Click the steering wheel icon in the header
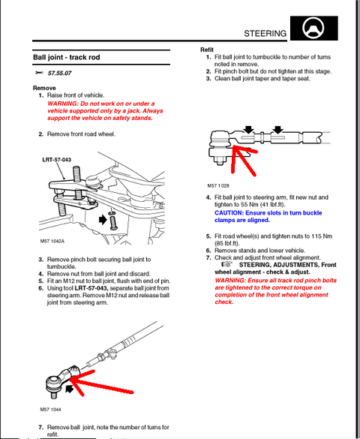point(313,28)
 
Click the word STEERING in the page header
point(265,34)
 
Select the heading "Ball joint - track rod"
point(67,57)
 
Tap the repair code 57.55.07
point(59,73)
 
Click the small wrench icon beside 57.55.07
point(39,73)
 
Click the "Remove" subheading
point(44,88)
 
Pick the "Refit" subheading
point(207,50)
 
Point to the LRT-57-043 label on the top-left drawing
point(57,160)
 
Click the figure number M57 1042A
point(52,241)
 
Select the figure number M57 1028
point(218,185)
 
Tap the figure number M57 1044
point(50,410)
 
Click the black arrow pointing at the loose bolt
point(103,219)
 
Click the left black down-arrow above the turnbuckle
point(249,129)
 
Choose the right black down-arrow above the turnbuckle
point(277,129)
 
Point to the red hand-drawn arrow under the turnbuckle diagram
point(242,160)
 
